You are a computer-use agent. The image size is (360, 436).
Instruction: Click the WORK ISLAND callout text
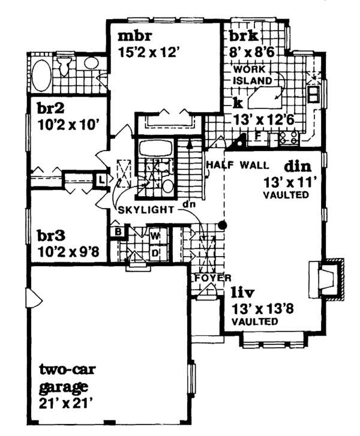pyautogui.click(x=250, y=74)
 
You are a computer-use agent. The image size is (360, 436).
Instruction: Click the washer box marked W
pyautogui.click(x=154, y=236)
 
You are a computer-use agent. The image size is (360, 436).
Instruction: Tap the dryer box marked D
pyautogui.click(x=154, y=251)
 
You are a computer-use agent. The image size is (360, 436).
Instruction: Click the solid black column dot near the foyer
pyautogui.click(x=223, y=225)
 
